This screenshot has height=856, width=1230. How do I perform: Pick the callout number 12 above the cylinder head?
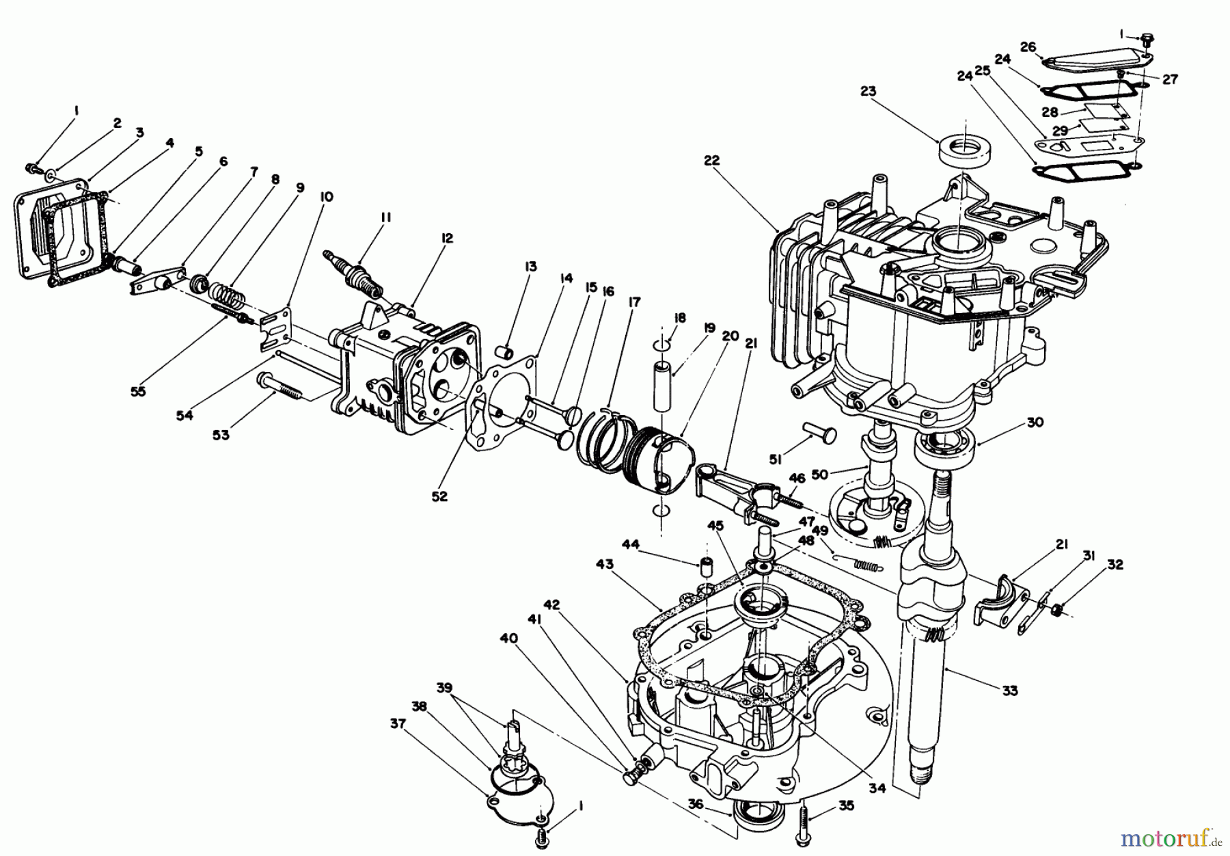coord(447,239)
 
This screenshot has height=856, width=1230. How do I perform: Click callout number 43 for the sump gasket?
coord(604,565)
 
